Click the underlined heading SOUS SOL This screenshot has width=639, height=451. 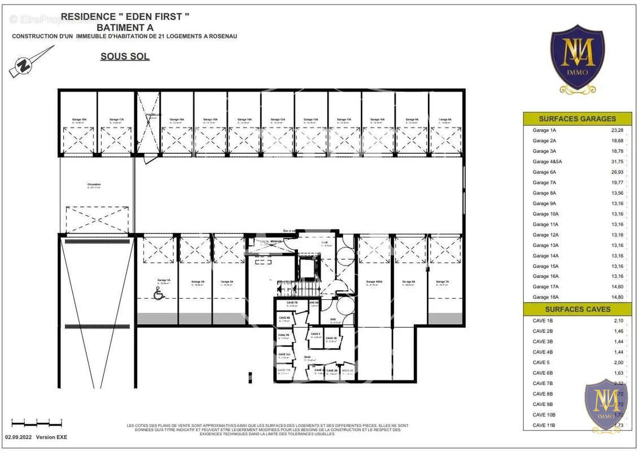tap(125, 56)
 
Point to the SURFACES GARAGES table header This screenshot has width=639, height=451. tap(577, 119)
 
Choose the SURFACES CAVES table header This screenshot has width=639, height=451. tap(577, 309)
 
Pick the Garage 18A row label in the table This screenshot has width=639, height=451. tap(545, 297)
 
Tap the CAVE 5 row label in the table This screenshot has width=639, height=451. tap(541, 362)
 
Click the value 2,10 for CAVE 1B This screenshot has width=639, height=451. tap(618, 321)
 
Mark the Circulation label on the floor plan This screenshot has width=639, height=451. tap(94, 185)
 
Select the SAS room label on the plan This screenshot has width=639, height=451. tap(334, 320)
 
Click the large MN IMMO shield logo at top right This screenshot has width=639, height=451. tap(577, 58)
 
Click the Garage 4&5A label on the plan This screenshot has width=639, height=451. tap(374, 282)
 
